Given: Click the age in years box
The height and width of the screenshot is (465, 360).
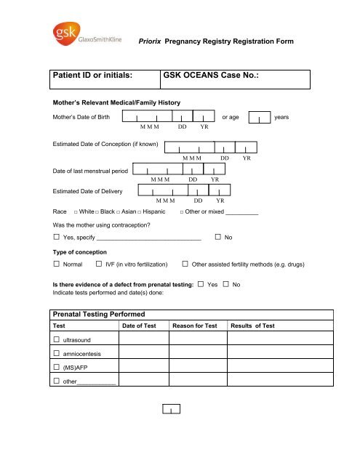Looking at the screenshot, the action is tap(260, 118).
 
